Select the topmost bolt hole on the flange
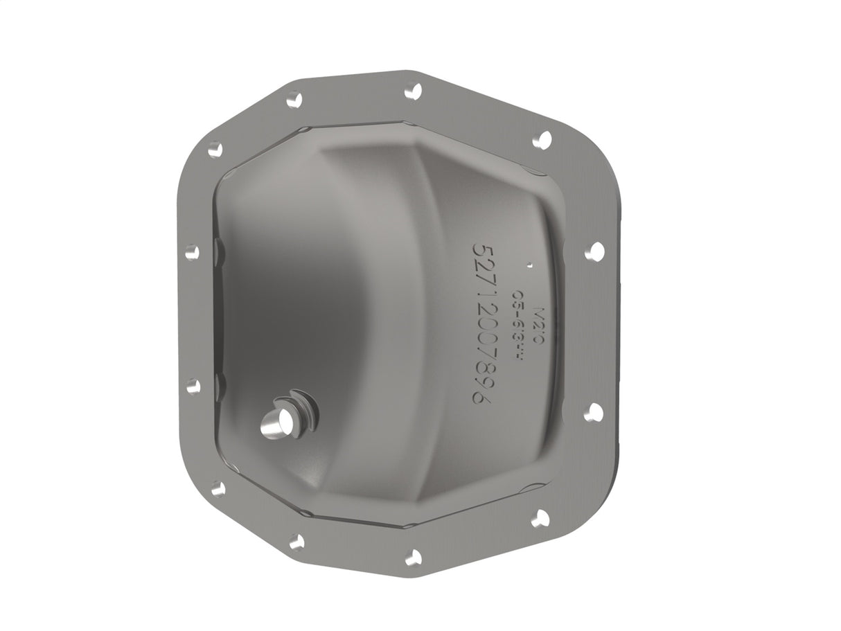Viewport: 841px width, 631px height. pyautogui.click(x=413, y=90)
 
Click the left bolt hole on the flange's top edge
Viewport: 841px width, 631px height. pyautogui.click(x=294, y=100)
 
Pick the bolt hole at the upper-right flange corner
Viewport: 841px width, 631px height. pyautogui.click(x=542, y=140)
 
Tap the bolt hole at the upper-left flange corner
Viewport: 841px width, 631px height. pyautogui.click(x=215, y=148)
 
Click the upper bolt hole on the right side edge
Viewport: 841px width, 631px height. pyautogui.click(x=594, y=251)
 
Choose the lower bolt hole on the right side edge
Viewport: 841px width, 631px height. pyautogui.click(x=593, y=413)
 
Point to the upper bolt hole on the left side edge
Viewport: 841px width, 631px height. pyautogui.click(x=192, y=252)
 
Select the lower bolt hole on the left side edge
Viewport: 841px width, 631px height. pyautogui.click(x=193, y=386)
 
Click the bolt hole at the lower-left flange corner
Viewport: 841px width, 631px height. pyautogui.click(x=218, y=489)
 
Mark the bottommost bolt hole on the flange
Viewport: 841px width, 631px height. pyautogui.click(x=414, y=557)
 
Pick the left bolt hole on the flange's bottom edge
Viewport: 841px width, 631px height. pyautogui.click(x=296, y=542)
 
